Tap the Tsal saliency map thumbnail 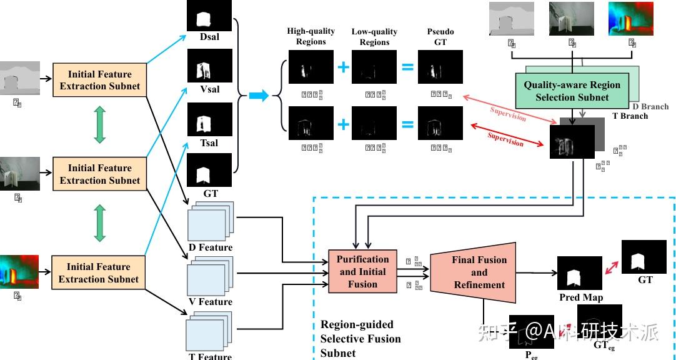pyautogui.click(x=209, y=120)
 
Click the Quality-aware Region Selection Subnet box pyautogui.click(x=572, y=91)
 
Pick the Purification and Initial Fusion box pyautogui.click(x=362, y=272)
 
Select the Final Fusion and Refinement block pyautogui.click(x=479, y=272)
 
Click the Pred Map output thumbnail pyautogui.click(x=579, y=273)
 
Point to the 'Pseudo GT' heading pyautogui.click(x=440, y=36)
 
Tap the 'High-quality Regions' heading pyautogui.click(x=311, y=36)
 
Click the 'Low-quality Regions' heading pyautogui.click(x=375, y=36)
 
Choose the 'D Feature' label pyautogui.click(x=211, y=247)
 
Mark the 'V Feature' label pyautogui.click(x=211, y=302)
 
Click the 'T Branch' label pyautogui.click(x=630, y=116)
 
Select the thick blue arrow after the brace pyautogui.click(x=259, y=96)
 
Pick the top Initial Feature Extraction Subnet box pyautogui.click(x=100, y=80)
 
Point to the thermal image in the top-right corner pyautogui.click(x=632, y=18)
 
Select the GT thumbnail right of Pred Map pyautogui.click(x=644, y=256)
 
